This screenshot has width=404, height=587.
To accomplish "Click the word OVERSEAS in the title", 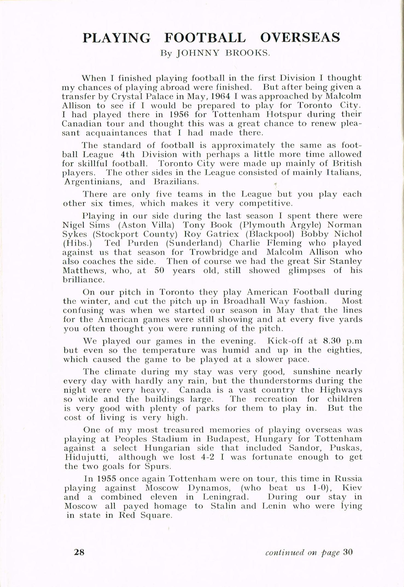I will pos(300,37).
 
